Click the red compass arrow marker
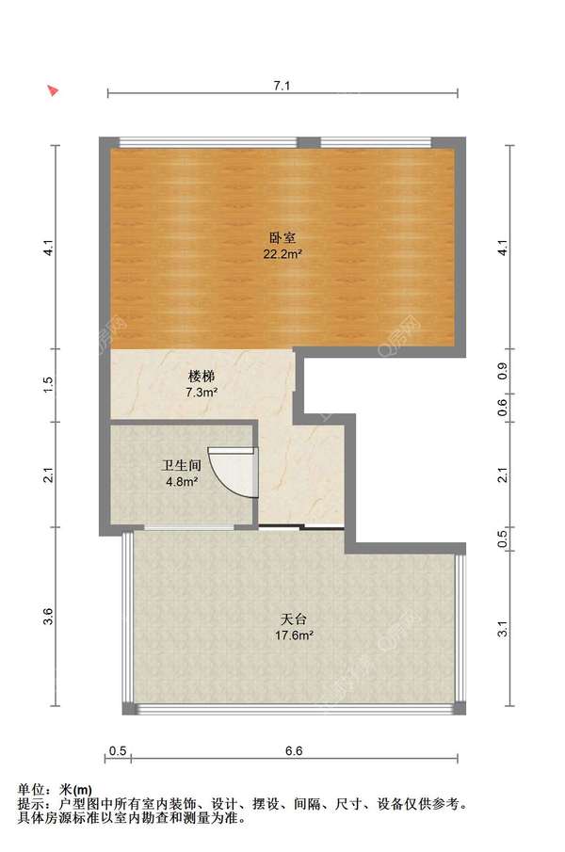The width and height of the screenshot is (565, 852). (54, 91)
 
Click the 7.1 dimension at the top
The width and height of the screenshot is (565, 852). (282, 86)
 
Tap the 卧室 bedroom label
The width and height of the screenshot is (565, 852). (282, 239)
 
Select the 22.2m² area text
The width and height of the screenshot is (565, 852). (282, 254)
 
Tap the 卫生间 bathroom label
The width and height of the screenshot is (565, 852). (182, 466)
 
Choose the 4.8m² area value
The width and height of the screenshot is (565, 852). (182, 482)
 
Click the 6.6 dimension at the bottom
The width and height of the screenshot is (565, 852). (293, 750)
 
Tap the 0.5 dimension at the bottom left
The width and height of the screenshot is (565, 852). (118, 750)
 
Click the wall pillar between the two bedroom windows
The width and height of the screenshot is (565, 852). (309, 142)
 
